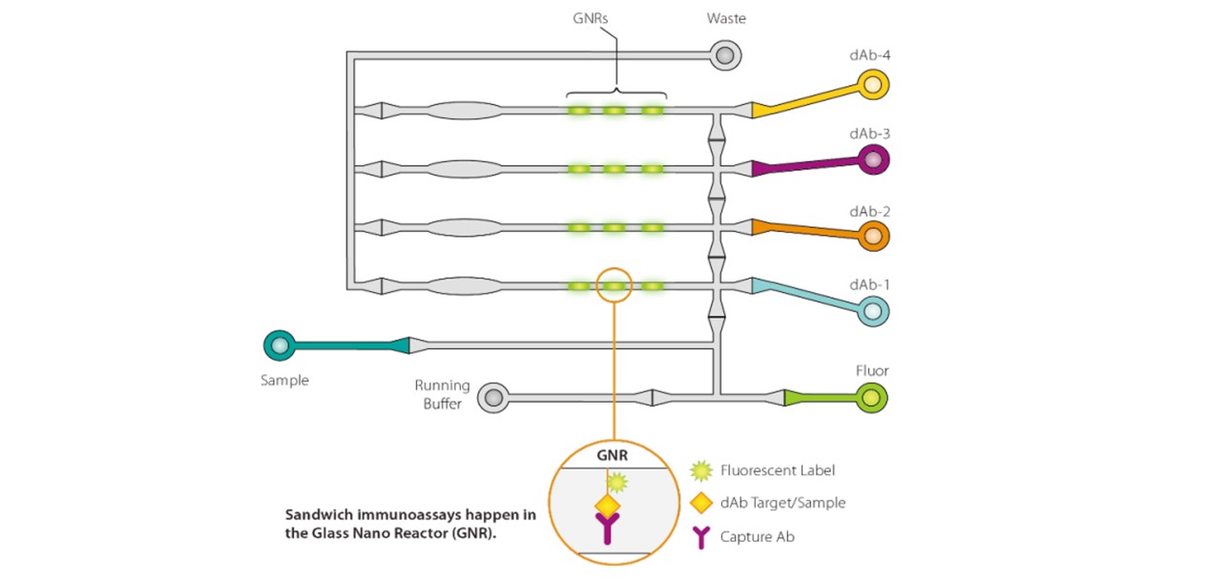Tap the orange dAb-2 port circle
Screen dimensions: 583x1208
(x=872, y=235)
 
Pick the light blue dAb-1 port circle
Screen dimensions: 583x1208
(x=872, y=309)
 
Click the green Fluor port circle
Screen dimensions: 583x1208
(x=870, y=397)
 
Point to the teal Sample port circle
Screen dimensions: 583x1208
(x=279, y=344)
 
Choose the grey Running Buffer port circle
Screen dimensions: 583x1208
(x=492, y=397)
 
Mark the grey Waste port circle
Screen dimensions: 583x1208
(x=724, y=55)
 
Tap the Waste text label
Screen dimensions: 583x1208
(x=725, y=19)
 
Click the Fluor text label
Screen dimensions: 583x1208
(x=871, y=371)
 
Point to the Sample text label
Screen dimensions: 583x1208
(x=284, y=380)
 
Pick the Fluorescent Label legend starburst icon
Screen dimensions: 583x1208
(x=701, y=469)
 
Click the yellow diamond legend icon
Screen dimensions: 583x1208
(x=701, y=502)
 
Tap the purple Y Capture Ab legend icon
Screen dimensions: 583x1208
(x=701, y=536)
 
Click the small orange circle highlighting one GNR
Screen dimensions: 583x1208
(x=614, y=285)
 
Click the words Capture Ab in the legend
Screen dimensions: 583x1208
(x=758, y=537)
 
